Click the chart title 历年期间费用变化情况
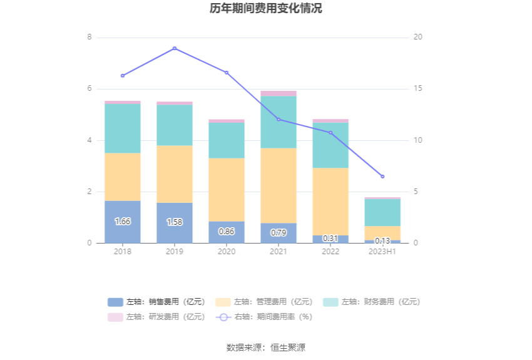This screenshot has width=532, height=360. pos(266,9)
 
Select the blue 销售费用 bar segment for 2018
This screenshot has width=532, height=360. pos(123,222)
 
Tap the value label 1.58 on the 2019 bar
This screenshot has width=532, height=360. pos(175,222)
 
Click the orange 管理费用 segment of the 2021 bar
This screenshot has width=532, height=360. pos(279,185)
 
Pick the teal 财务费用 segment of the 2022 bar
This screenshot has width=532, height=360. pos(330,145)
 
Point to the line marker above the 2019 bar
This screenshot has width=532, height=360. pos(175,48)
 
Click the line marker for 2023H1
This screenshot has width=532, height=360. pos(382,177)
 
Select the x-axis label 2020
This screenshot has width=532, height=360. pos(227,252)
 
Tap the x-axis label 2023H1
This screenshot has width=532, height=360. pos(382,252)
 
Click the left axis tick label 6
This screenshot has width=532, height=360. pos(90,89)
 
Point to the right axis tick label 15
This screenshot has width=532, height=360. pos(418,89)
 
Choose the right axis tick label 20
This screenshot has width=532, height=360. pos(418,38)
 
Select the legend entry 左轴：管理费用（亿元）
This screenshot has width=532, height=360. pos(265,302)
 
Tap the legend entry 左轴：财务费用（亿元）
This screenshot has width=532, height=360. pos(372,302)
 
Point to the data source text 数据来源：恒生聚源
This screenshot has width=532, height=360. pos(266,347)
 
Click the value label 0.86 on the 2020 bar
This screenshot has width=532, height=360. pos(227,232)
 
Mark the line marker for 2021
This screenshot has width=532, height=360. pos(279,120)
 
